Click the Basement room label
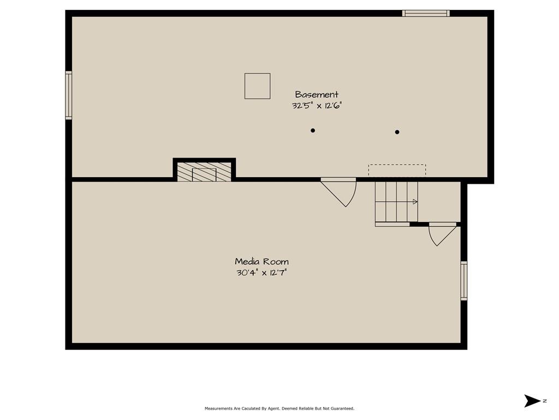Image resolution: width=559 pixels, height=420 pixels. click(x=317, y=95)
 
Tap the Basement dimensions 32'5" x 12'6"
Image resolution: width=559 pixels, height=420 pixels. click(x=317, y=106)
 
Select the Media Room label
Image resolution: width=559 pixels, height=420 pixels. click(x=261, y=261)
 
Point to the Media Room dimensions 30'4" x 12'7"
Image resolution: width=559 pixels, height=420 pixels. click(x=261, y=273)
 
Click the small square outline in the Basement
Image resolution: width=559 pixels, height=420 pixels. click(x=258, y=86)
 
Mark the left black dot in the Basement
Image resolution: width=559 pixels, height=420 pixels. click(x=313, y=130)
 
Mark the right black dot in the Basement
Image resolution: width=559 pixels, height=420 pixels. click(x=397, y=132)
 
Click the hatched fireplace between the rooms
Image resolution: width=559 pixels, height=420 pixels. click(x=204, y=172)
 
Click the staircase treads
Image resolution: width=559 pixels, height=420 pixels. click(x=396, y=202)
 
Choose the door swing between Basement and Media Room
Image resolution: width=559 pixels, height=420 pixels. click(x=338, y=192)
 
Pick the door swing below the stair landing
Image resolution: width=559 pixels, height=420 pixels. click(x=442, y=234)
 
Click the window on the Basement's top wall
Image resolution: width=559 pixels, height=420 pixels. click(x=426, y=13)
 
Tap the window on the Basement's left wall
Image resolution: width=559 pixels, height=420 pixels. click(x=68, y=95)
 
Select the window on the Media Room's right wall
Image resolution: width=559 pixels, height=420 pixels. click(x=464, y=281)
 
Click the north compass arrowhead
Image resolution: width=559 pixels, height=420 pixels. click(x=532, y=401)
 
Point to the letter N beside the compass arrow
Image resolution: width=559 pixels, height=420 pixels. click(x=545, y=401)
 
